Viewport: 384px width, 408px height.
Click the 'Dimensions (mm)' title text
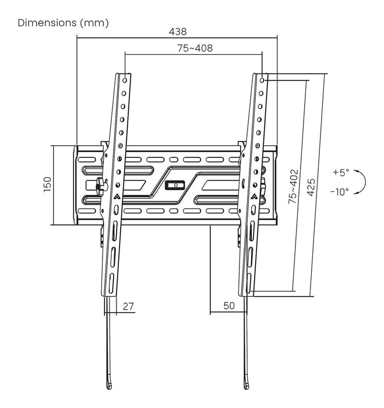click(63, 23)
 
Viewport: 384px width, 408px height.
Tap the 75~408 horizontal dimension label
click(195, 48)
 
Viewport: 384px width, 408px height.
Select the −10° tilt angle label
click(339, 191)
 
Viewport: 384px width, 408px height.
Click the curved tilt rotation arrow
click(362, 182)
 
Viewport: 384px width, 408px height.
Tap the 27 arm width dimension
click(129, 306)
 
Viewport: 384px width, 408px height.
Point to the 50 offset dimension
click(228, 306)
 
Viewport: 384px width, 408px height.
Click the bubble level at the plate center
click(174, 185)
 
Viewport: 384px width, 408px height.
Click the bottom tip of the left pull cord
click(111, 386)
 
